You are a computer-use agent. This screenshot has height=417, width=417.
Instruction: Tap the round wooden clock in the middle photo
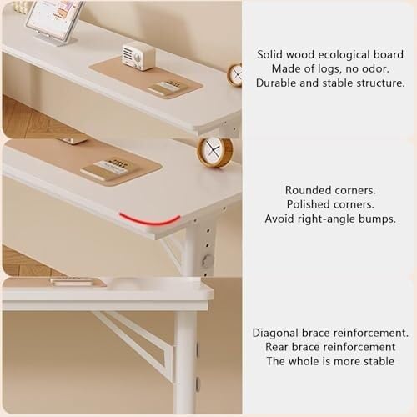(x=214, y=152)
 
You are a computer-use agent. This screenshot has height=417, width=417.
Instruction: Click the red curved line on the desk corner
(x=149, y=220)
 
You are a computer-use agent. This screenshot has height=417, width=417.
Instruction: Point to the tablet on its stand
(x=54, y=18)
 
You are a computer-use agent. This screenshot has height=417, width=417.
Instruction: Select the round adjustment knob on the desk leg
(x=208, y=261)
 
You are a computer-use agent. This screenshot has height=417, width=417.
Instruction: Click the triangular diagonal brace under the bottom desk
(x=138, y=338)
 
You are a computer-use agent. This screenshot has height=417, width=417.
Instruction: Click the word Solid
(x=273, y=53)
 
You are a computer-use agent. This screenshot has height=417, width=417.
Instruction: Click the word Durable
(x=277, y=83)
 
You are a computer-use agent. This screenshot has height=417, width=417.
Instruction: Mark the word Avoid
(x=281, y=219)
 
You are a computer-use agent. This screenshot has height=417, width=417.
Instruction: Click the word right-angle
(x=330, y=219)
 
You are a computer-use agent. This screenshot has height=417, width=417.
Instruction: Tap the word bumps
(x=379, y=219)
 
